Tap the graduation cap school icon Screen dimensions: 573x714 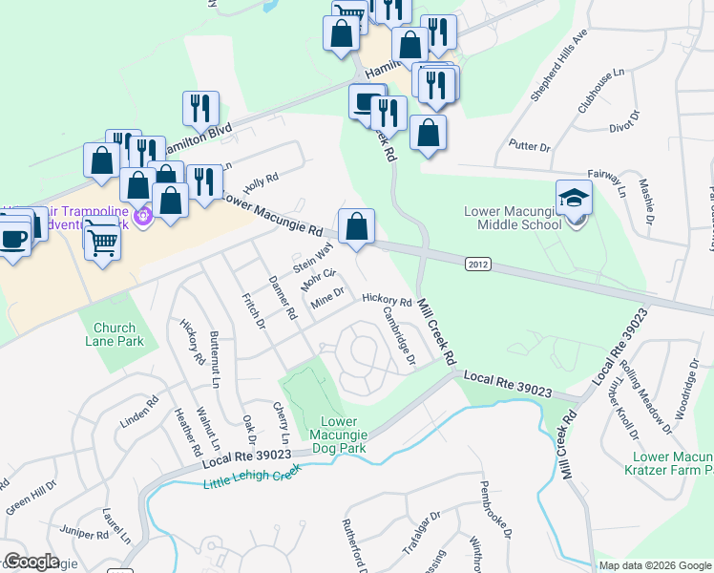(575, 198)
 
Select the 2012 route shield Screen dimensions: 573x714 (478, 263)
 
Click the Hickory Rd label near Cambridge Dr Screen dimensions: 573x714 (386, 300)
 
